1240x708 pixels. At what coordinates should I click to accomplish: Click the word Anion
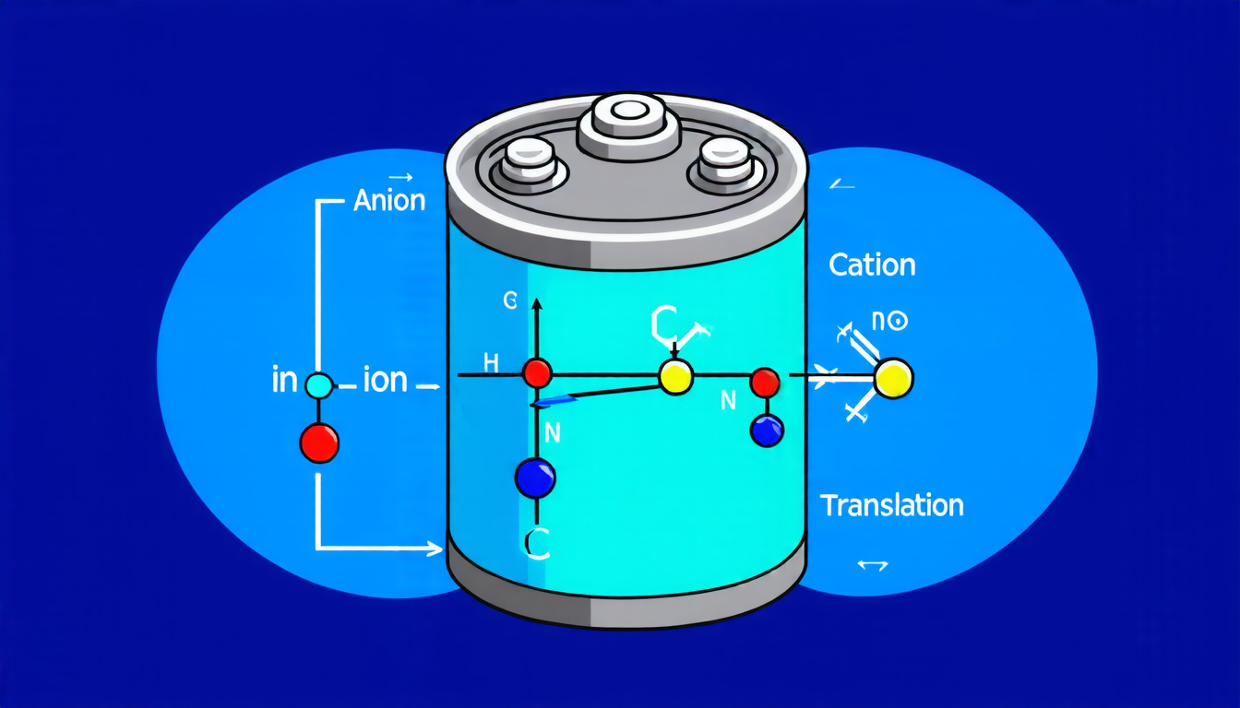[389, 201]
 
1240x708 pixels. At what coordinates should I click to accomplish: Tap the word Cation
[872, 265]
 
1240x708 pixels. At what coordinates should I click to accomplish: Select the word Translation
[891, 505]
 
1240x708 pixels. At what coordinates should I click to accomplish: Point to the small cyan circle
[318, 385]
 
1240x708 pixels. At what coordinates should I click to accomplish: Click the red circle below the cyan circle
[319, 442]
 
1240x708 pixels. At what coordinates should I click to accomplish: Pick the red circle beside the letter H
[537, 373]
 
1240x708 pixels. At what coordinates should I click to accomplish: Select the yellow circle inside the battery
[674, 377]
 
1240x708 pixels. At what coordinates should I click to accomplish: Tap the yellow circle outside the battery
[893, 378]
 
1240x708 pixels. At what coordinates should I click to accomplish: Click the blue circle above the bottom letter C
[535, 478]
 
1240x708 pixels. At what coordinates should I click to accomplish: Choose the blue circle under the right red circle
[767, 430]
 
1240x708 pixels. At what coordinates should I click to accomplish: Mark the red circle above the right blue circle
[765, 382]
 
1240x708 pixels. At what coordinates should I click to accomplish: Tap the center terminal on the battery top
[631, 115]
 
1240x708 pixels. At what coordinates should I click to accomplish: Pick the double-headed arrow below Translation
[872, 565]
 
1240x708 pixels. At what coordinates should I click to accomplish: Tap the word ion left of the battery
[385, 380]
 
